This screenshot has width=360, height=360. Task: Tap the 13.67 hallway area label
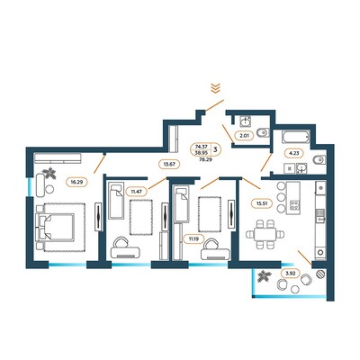tap(169, 164)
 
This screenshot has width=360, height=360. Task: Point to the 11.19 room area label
tap(193, 239)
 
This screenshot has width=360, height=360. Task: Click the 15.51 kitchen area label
tap(262, 203)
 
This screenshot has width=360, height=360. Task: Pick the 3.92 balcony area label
tap(290, 274)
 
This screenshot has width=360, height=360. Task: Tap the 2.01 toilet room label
tap(244, 136)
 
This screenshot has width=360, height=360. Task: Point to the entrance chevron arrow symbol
tap(215, 88)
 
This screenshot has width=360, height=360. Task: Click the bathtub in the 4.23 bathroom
tap(295, 138)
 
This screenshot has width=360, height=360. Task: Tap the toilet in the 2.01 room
tap(264, 132)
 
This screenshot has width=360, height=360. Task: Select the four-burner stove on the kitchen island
tap(293, 205)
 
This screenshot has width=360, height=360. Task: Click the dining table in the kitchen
tap(265, 234)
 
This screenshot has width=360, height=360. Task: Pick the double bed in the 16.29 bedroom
tap(55, 228)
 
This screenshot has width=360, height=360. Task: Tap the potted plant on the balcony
tap(265, 276)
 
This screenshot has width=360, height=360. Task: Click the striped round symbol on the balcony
tap(320, 274)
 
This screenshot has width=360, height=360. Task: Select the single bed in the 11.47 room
tap(116, 200)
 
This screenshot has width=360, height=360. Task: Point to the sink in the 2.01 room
tap(246, 121)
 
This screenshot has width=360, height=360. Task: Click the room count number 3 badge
tap(215, 148)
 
